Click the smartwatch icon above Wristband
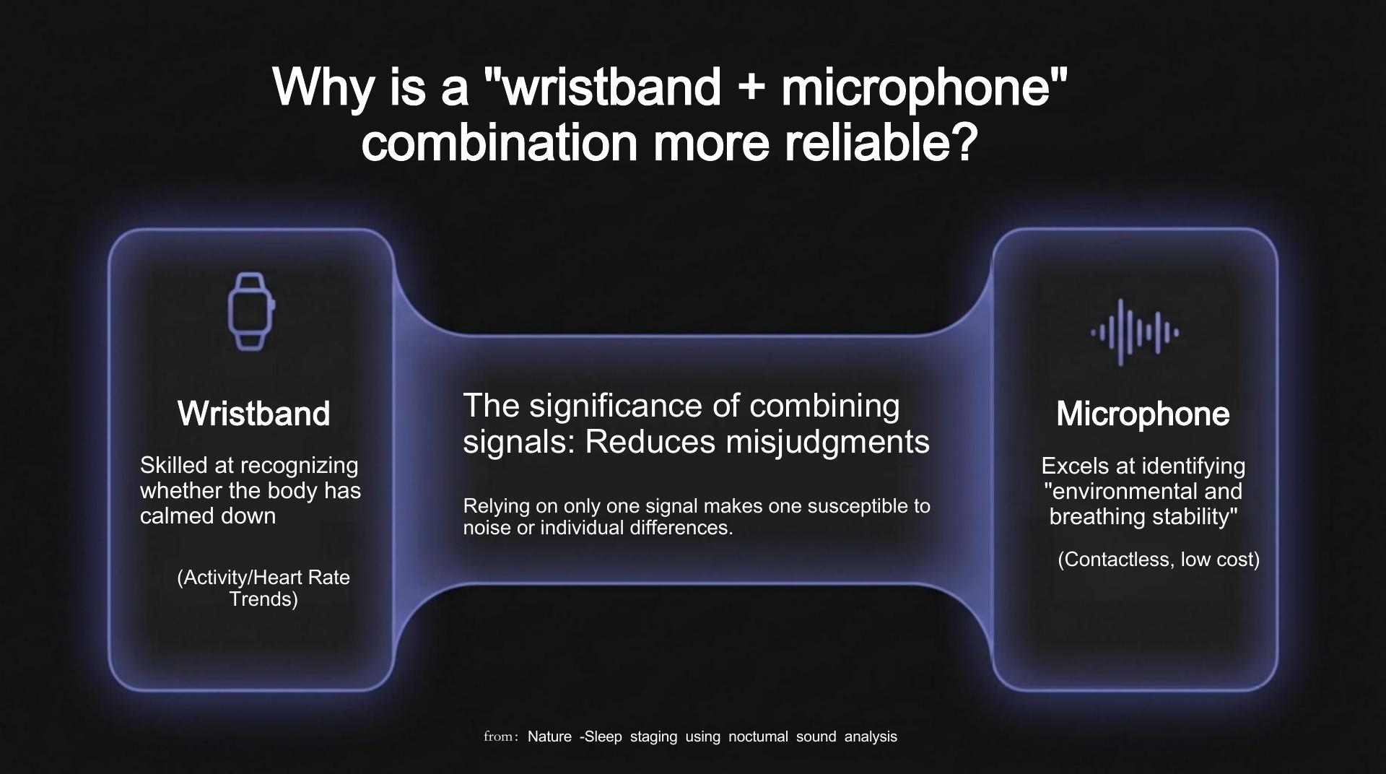[251, 312]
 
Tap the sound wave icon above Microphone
[1135, 332]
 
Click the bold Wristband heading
[253, 414]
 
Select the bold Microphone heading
[1143, 414]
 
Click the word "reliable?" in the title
[880, 143]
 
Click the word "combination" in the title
[500, 143]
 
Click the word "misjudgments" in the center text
[828, 443]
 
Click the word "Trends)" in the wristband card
[263, 599]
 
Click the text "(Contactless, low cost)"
[1159, 560]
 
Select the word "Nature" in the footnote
[549, 736]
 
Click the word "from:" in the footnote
[501, 736]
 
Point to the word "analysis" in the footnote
[871, 736]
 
